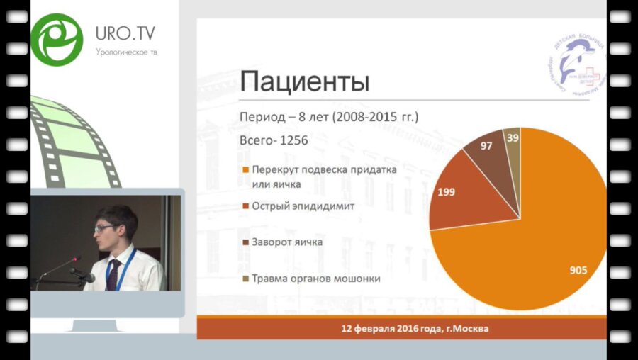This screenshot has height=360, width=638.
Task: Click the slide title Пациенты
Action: click(305, 81)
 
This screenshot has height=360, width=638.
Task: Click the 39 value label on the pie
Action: click(512, 137)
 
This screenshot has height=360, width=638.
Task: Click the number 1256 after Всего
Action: click(293, 140)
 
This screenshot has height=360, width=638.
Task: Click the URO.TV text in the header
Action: click(125, 34)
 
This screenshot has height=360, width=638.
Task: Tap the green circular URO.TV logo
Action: click(57, 40)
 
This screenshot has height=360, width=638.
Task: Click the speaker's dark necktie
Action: click(113, 274)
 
